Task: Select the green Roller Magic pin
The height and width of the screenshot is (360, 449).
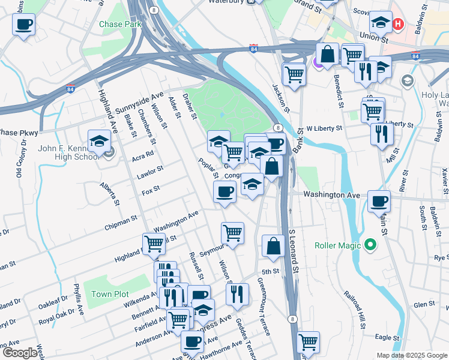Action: [x=370, y=245]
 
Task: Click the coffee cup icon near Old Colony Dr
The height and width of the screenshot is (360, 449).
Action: [x=23, y=25]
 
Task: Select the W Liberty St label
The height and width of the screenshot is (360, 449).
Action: [x=324, y=128]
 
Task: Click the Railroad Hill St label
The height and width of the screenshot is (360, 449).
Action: [x=355, y=310]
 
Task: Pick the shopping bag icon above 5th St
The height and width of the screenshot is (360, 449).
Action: [x=273, y=246]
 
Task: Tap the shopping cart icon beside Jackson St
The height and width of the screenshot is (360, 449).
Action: [x=294, y=74]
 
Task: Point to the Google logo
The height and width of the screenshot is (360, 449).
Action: [x=20, y=353]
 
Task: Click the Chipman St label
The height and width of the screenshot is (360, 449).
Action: [x=121, y=220]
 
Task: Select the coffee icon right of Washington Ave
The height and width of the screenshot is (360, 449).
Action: [x=378, y=201]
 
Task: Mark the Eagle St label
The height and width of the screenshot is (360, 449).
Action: [x=387, y=338]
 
